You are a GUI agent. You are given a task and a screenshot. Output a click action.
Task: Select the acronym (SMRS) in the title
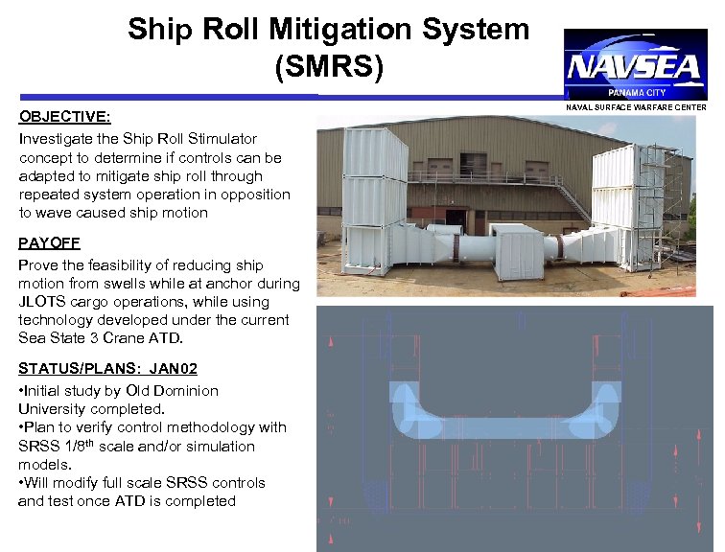click(x=329, y=67)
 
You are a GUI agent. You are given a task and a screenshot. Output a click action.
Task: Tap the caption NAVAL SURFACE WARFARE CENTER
click(x=637, y=107)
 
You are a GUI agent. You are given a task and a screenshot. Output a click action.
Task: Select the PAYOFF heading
click(x=49, y=245)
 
